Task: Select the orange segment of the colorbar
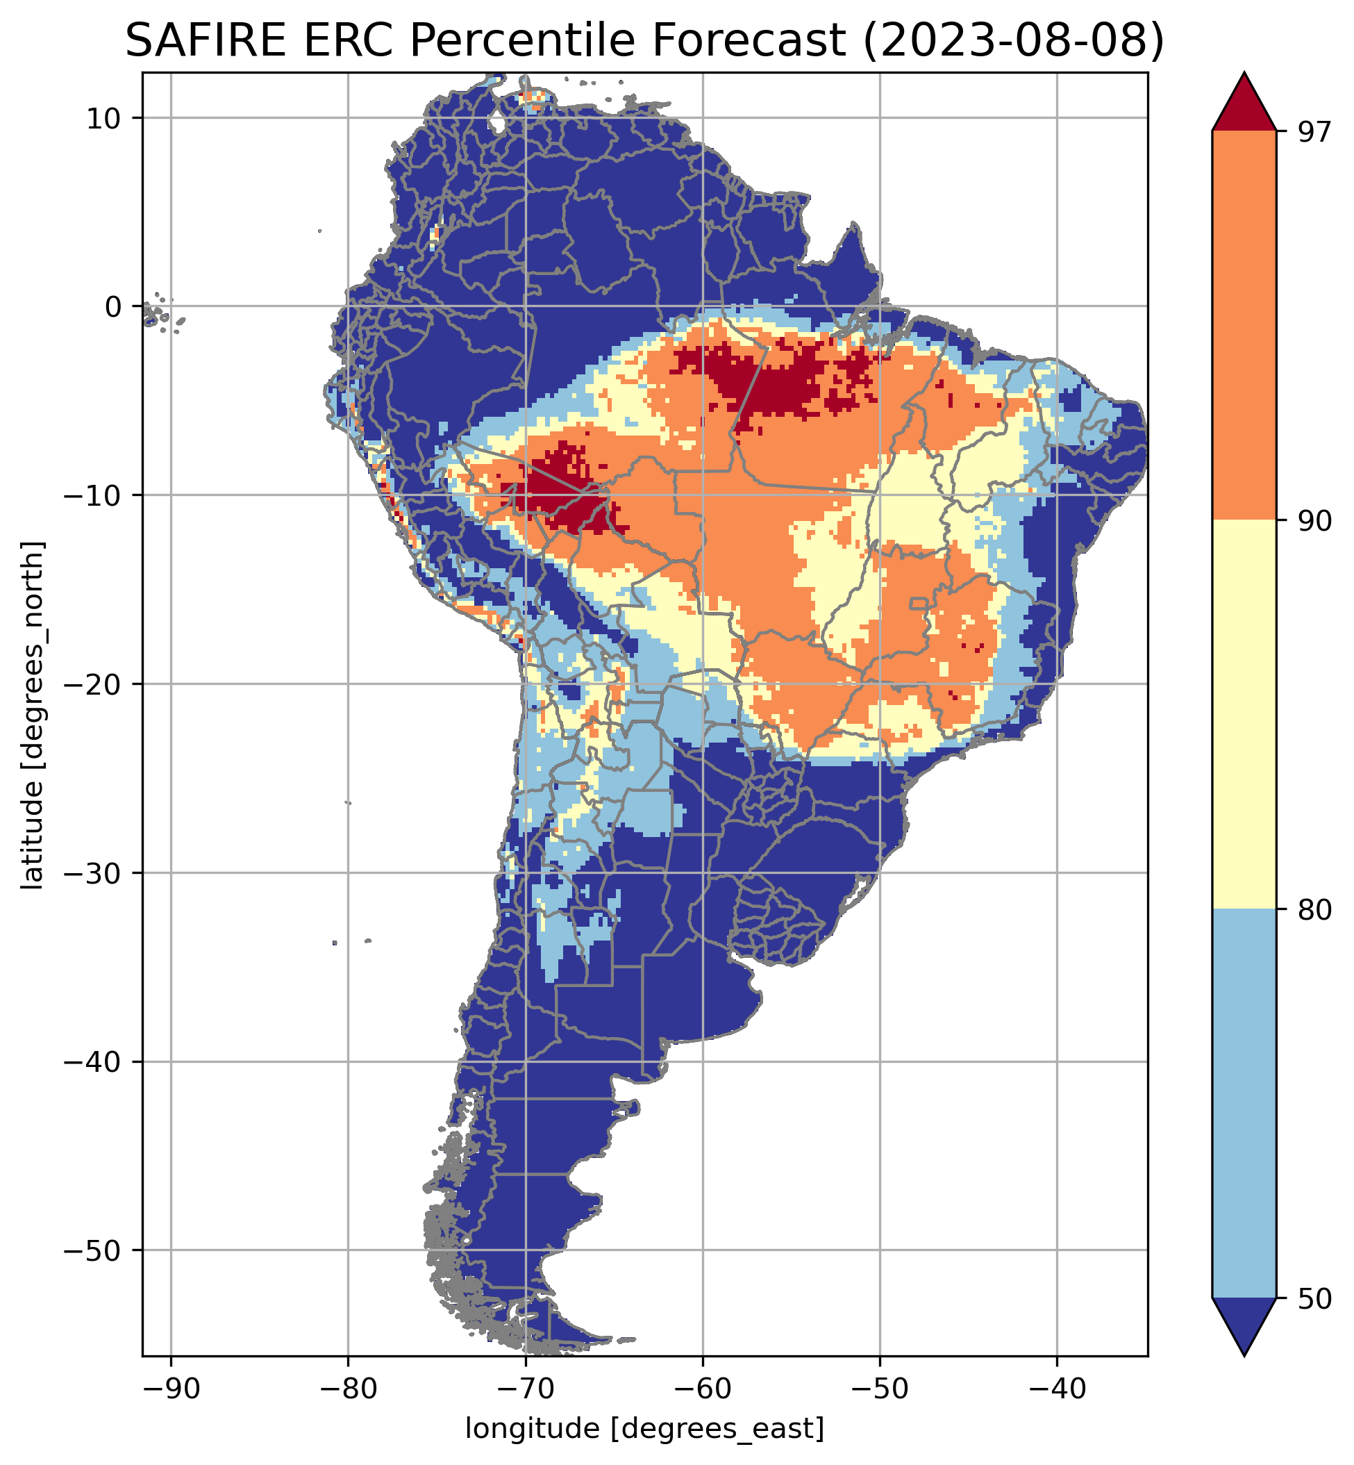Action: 1244,326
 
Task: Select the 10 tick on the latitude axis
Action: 103,118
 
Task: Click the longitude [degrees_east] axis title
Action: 645,1428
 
